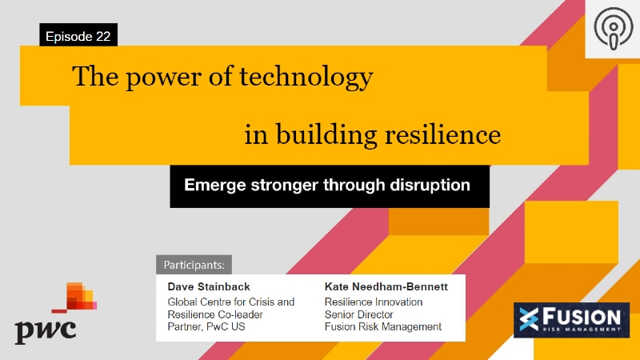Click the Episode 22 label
(x=78, y=36)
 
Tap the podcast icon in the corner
(x=612, y=29)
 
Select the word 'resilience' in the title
(x=445, y=134)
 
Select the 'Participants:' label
(x=194, y=264)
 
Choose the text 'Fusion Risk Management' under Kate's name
(x=382, y=326)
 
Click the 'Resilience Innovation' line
(x=373, y=302)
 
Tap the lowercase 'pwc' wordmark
(x=46, y=328)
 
